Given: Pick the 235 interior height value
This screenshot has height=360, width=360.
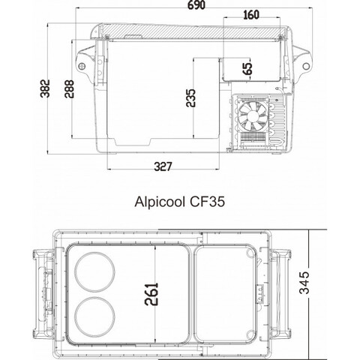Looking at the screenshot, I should (x=192, y=97).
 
